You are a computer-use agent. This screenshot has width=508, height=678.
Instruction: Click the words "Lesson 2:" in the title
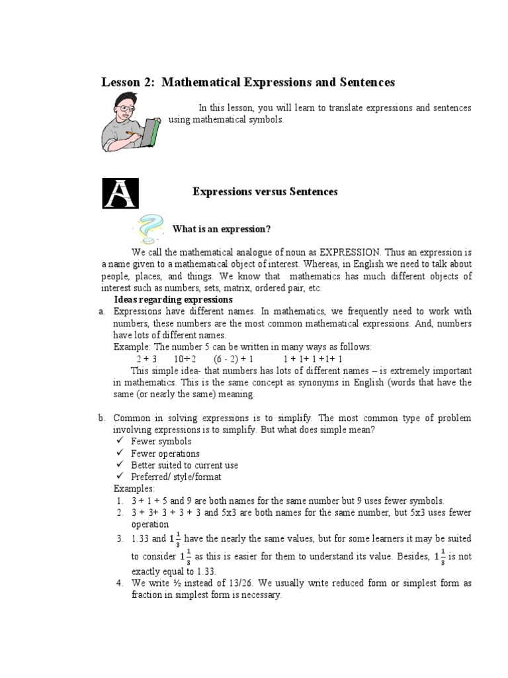[128, 83]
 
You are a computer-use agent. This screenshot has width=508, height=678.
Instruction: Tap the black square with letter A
[120, 193]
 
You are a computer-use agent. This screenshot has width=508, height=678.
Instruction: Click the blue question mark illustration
[151, 227]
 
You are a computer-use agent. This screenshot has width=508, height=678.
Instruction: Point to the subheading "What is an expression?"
[222, 229]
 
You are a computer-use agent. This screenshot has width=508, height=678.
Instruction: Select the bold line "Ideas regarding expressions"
[173, 300]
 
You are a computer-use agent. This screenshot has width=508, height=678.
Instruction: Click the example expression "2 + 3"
[146, 359]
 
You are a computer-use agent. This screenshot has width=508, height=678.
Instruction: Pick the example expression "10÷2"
[186, 359]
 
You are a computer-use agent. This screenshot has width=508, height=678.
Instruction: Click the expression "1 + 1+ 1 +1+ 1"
[313, 359]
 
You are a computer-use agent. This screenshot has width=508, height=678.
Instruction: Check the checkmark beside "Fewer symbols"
[120, 441]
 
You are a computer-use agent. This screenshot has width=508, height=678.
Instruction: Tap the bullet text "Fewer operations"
[165, 454]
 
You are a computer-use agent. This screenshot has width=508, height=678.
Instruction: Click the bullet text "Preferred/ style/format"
[176, 477]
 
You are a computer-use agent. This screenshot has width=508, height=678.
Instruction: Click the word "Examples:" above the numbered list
[134, 489]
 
